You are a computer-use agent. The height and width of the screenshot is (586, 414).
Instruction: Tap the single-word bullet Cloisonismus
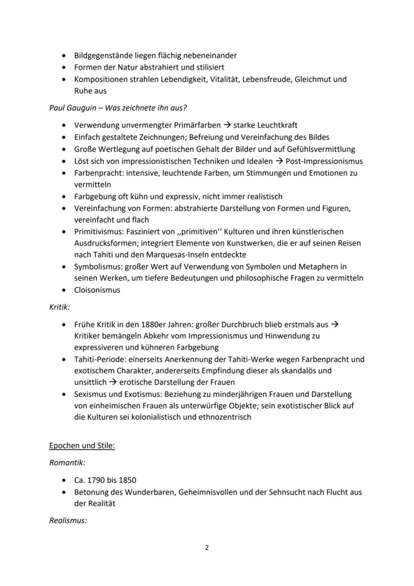97,290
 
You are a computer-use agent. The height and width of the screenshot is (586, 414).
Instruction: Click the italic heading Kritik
59,307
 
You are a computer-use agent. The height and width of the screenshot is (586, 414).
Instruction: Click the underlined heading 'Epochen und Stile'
82,445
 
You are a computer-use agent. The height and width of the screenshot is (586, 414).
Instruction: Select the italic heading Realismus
68,520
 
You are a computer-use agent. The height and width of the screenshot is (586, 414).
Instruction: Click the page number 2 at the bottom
207,547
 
